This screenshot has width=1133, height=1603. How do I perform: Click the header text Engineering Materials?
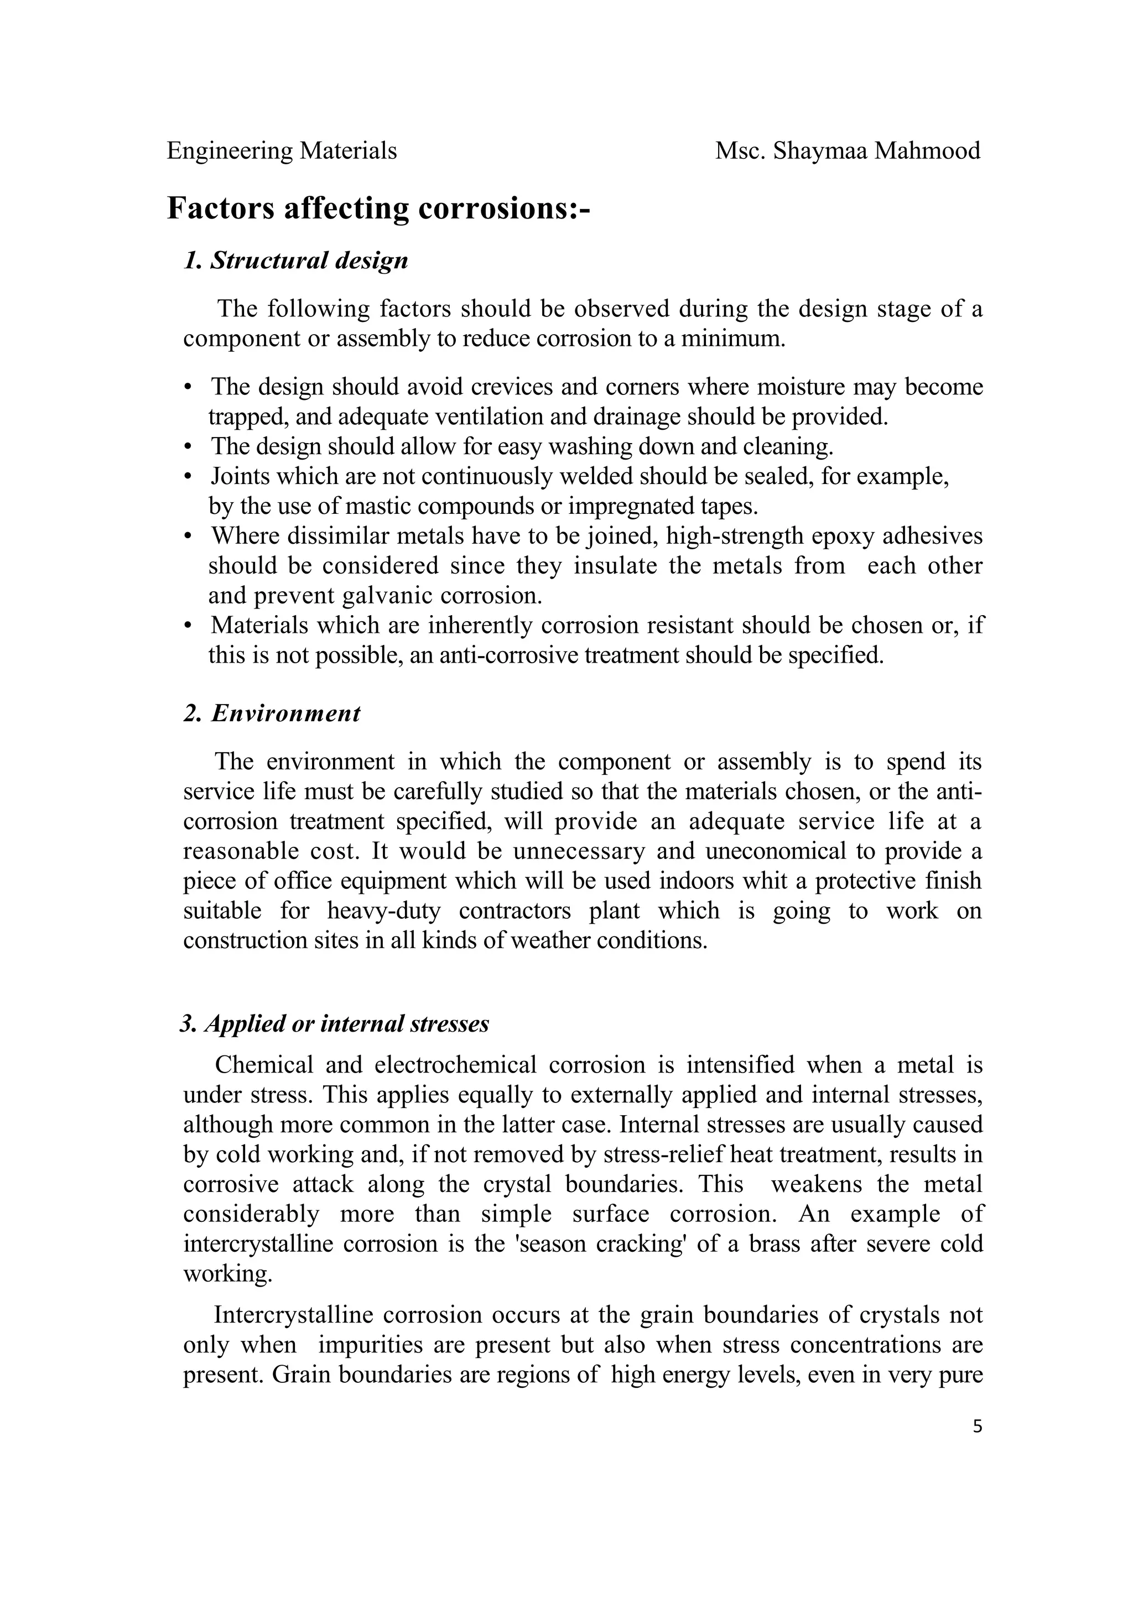(282, 151)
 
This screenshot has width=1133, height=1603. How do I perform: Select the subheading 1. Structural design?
(295, 261)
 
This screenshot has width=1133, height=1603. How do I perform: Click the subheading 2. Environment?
(272, 714)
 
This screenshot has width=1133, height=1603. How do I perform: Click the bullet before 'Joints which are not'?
(187, 477)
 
